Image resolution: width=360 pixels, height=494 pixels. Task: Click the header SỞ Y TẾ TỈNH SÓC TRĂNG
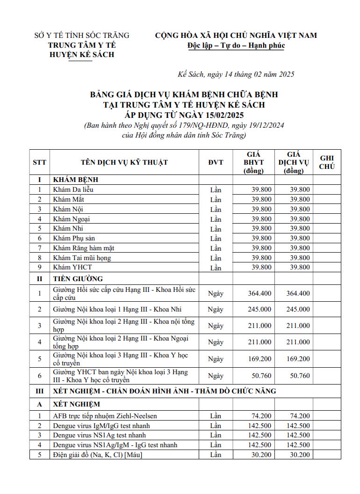tap(82, 36)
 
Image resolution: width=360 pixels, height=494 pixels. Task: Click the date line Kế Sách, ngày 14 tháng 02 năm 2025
tap(236, 74)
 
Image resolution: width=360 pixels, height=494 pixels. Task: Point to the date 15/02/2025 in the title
tap(222, 115)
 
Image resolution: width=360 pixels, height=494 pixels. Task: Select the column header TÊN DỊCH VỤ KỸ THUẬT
tap(124, 162)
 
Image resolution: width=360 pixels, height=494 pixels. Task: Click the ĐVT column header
tap(216, 162)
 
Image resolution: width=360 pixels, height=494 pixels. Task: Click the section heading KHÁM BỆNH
tap(76, 180)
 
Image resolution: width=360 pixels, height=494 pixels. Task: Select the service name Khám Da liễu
tap(73, 189)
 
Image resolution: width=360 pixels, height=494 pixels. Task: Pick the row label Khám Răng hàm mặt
tap(84, 248)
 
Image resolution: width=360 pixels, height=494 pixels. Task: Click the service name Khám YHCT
tap(72, 267)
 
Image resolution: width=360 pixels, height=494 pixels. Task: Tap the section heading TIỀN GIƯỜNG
tap(78, 278)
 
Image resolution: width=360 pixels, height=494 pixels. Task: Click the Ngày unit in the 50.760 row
tap(216, 376)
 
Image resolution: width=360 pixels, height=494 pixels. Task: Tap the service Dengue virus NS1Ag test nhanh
tap(100, 435)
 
